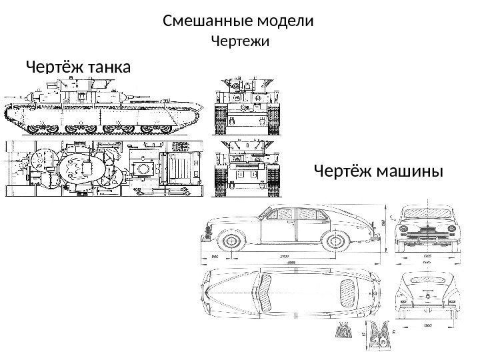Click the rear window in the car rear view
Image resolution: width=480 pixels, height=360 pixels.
point(426,285)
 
